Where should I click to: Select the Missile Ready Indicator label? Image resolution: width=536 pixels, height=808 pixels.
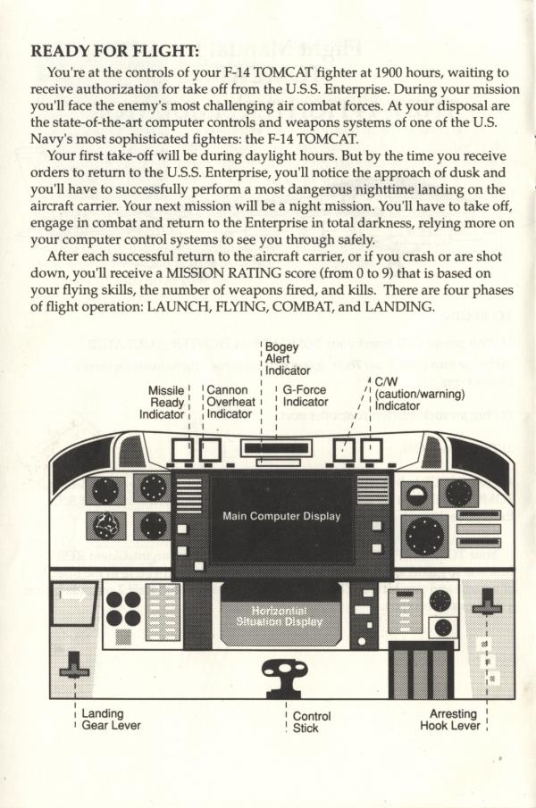pyautogui.click(x=167, y=402)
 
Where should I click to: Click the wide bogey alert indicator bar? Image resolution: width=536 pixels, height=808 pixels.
pyautogui.click(x=277, y=449)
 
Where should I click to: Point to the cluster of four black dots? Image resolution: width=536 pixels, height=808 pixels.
pyautogui.click(x=123, y=608)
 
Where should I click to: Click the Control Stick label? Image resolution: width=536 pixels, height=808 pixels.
pyautogui.click(x=312, y=721)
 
